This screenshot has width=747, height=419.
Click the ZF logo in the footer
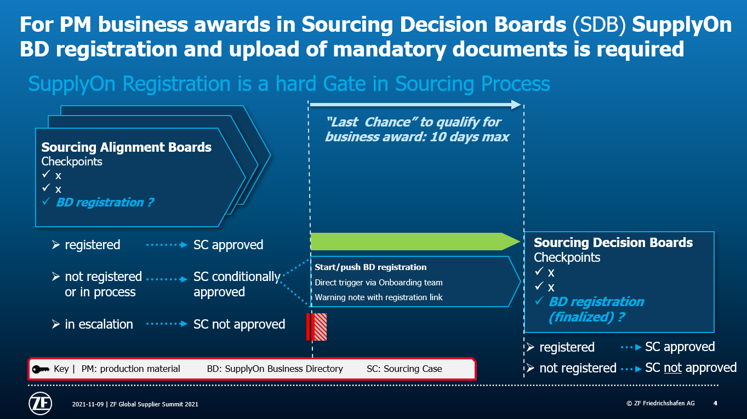pyautogui.click(x=41, y=403)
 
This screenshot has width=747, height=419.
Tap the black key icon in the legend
pyautogui.click(x=41, y=369)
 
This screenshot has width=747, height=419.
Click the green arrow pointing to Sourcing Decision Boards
pyautogui.click(x=415, y=242)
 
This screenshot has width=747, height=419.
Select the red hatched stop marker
pyautogui.click(x=316, y=326)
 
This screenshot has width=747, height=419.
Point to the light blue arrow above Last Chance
pyautogui.click(x=415, y=105)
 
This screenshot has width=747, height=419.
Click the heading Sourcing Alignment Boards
pyautogui.click(x=127, y=147)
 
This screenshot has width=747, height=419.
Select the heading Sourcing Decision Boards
pyautogui.click(x=613, y=242)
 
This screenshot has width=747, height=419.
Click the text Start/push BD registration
pyautogui.click(x=370, y=267)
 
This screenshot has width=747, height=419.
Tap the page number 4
pyautogui.click(x=715, y=403)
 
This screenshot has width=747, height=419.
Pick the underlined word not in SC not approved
pyautogui.click(x=672, y=368)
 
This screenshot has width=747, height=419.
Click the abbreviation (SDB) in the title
pyautogui.click(x=599, y=25)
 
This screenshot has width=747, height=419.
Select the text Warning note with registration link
pyautogui.click(x=379, y=297)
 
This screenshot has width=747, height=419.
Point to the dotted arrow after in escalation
pyautogui.click(x=167, y=324)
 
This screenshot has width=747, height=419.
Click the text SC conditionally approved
pyautogui.click(x=237, y=284)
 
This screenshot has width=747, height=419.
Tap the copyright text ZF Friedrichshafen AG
pyautogui.click(x=660, y=403)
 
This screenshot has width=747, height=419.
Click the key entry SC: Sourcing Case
pyautogui.click(x=404, y=369)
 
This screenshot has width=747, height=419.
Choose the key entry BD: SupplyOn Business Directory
pyautogui.click(x=275, y=369)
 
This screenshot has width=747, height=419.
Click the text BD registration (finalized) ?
pyautogui.click(x=596, y=309)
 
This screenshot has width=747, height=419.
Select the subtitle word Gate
pyautogui.click(x=345, y=83)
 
